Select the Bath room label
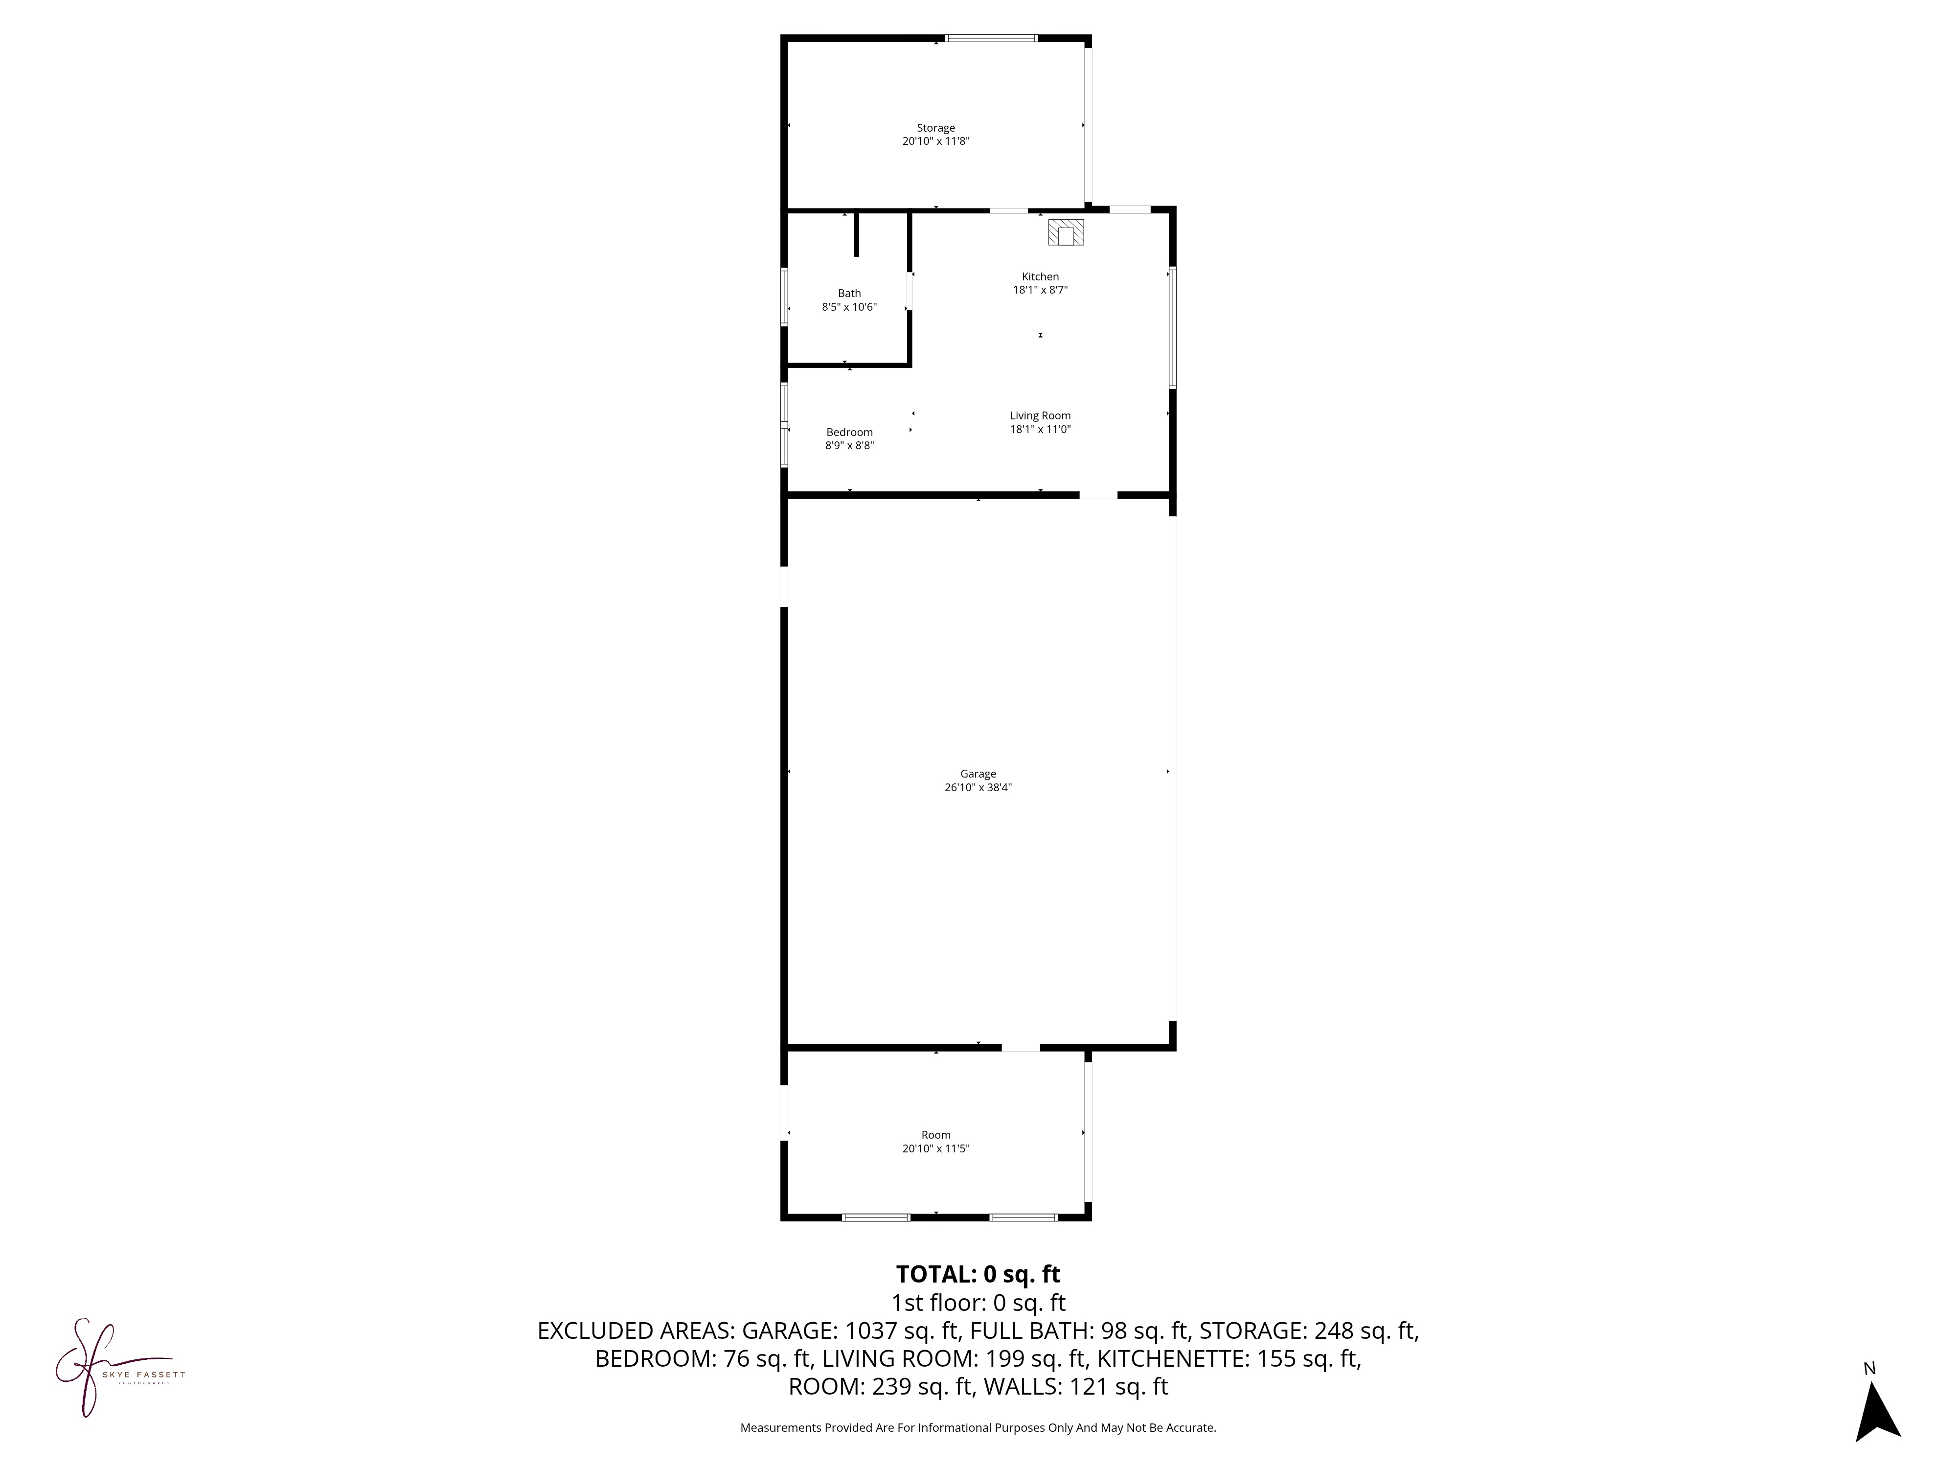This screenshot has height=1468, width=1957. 849,294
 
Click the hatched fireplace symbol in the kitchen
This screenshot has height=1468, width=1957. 1066,232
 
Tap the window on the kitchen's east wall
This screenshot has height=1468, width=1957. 1172,327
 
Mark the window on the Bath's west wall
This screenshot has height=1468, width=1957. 784,297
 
